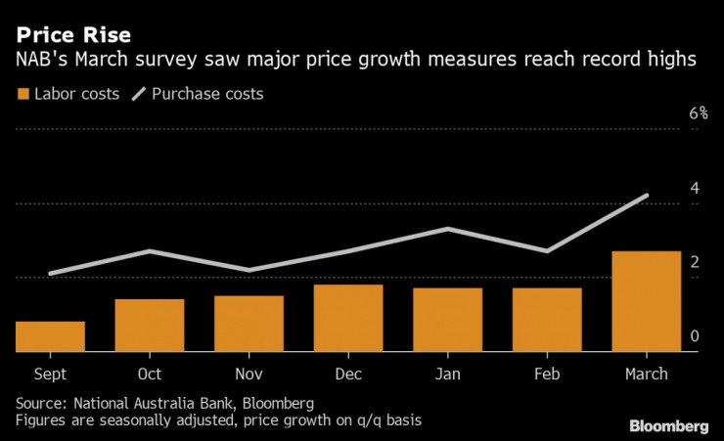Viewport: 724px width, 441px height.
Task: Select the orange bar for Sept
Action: pos(50,335)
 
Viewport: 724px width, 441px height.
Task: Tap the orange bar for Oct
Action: pos(150,325)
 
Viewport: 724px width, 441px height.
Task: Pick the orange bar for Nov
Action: pos(249,323)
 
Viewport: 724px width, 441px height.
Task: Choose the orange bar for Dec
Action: pos(348,317)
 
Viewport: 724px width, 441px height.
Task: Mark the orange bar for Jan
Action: pos(447,319)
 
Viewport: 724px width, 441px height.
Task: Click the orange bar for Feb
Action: pos(547,319)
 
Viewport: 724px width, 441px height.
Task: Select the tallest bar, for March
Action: pos(646,301)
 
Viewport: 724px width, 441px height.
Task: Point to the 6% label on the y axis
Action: pos(698,113)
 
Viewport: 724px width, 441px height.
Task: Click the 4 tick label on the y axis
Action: pos(695,188)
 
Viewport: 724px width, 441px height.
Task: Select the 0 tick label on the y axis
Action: pos(695,336)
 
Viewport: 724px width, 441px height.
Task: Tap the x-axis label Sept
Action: pos(50,374)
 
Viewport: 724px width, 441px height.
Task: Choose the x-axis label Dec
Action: pos(348,374)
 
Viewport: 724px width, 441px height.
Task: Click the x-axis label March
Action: pos(646,374)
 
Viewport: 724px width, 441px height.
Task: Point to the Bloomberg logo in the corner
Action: pos(668,425)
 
